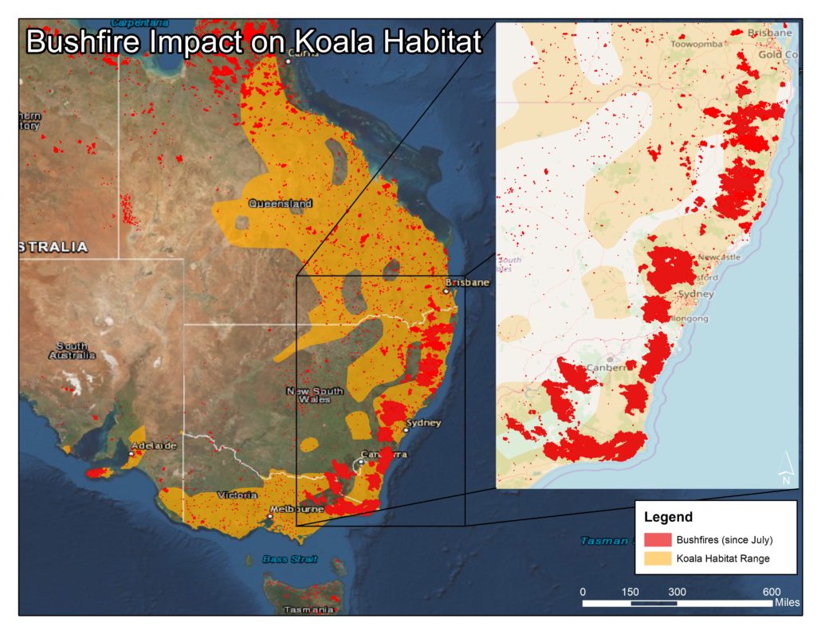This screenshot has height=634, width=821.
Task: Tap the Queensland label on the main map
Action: pos(280,204)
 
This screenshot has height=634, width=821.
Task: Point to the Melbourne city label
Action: pos(297,509)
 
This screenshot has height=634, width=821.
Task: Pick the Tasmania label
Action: pos(308,610)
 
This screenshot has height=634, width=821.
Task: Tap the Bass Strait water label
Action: pos(289,560)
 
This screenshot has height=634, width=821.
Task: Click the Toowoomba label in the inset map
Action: pos(697,45)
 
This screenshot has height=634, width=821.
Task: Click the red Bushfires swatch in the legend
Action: pos(658,540)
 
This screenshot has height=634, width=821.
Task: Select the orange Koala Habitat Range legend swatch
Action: pos(658,558)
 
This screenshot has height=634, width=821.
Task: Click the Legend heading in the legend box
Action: pos(668,517)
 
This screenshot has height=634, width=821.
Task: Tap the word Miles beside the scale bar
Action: pos(788,603)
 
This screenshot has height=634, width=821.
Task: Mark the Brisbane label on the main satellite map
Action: pos(469,283)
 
